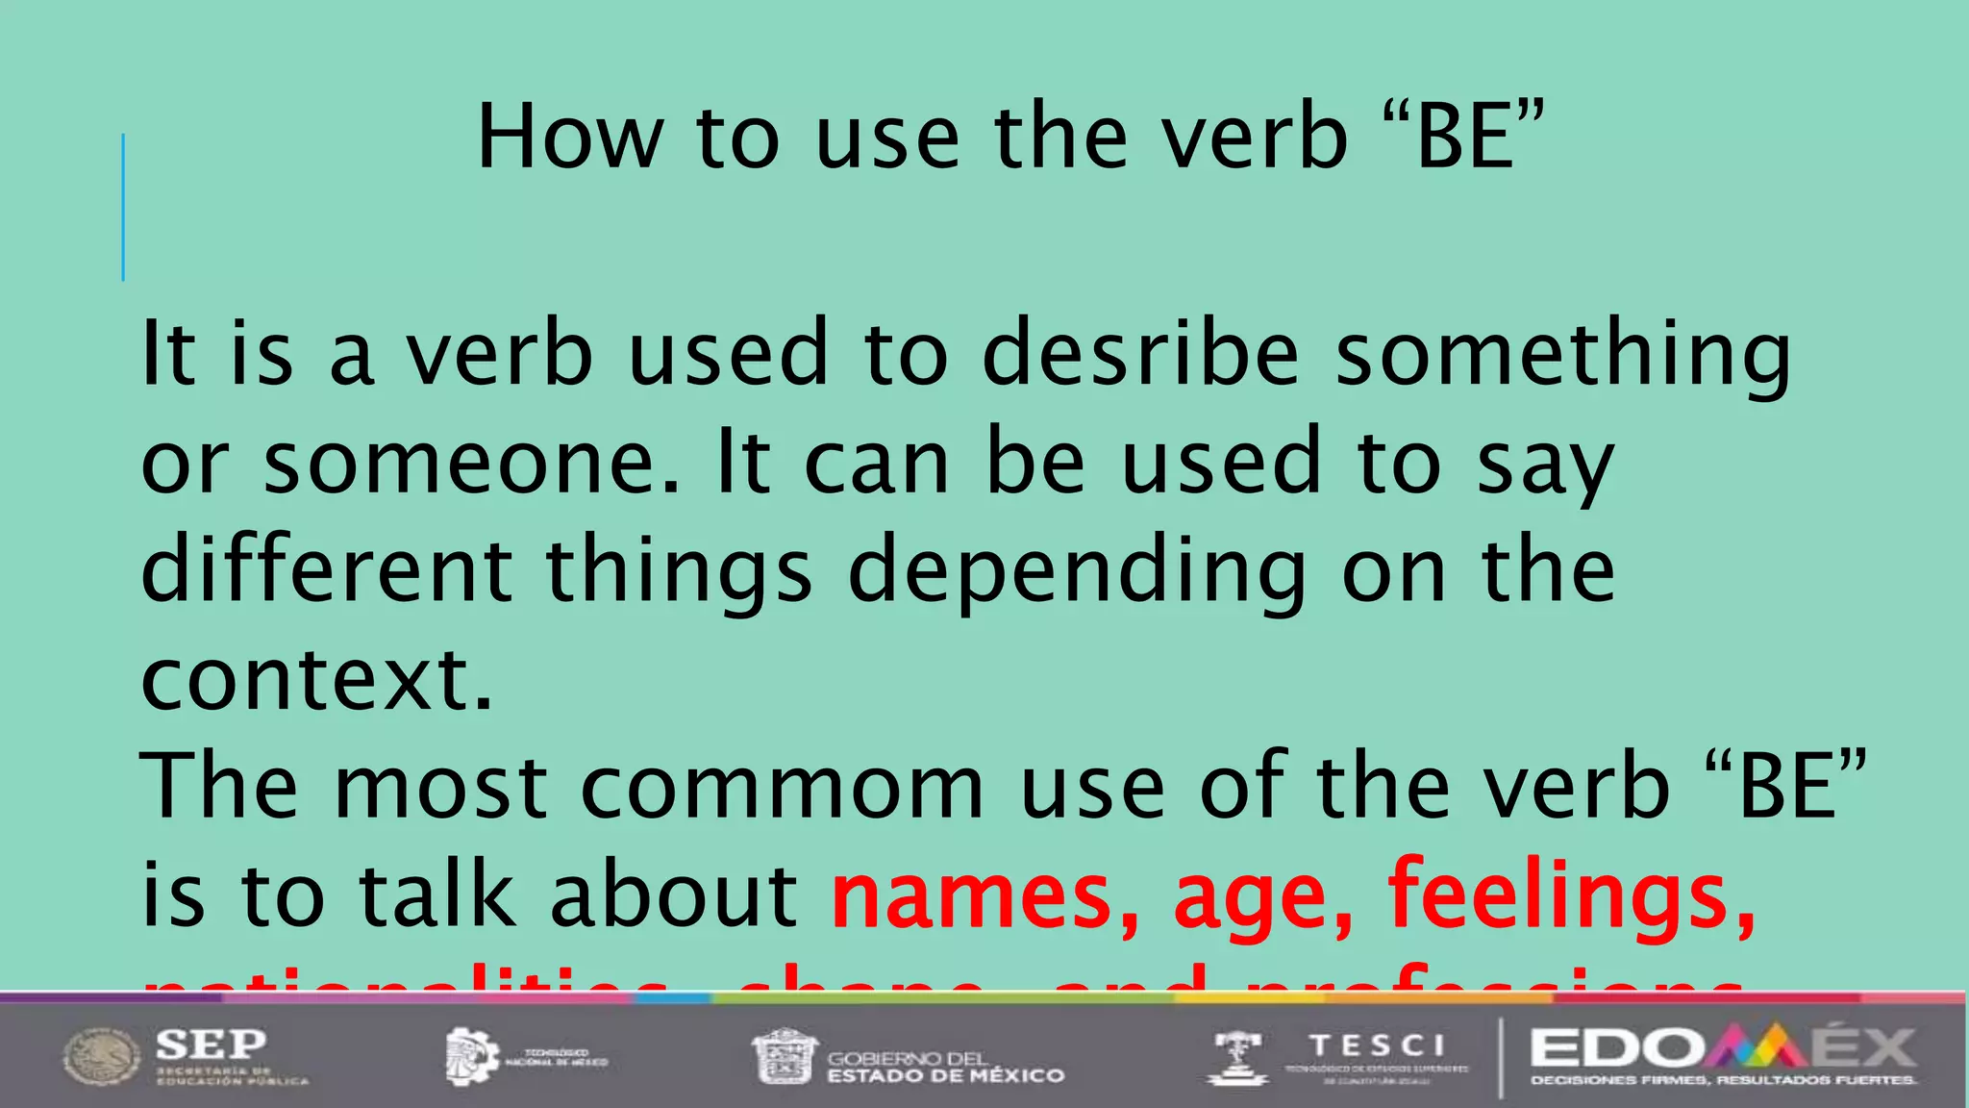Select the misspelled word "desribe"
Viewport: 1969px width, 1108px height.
pos(1140,353)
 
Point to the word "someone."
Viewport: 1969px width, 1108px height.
pos(471,463)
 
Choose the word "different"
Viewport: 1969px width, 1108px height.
pos(326,569)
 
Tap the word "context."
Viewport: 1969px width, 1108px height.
pos(317,679)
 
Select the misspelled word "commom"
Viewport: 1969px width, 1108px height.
pos(783,787)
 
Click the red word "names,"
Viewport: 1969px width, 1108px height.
pos(985,894)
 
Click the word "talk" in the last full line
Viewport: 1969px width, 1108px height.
pos(436,894)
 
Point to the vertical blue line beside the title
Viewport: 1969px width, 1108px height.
pos(123,207)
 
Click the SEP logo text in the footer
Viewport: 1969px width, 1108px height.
pos(212,1045)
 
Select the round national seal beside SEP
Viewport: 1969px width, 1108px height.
pos(102,1057)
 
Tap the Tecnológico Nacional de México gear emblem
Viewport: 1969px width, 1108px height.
pos(470,1057)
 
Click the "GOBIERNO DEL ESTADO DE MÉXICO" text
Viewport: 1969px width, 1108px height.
pos(945,1067)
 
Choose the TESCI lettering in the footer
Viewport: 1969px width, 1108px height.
pos(1377,1045)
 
